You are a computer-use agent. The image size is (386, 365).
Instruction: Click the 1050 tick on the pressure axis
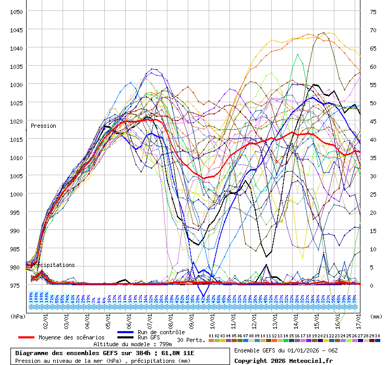(16, 11)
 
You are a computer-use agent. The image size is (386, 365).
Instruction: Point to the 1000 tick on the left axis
(16, 194)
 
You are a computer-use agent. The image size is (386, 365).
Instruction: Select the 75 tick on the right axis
(373, 11)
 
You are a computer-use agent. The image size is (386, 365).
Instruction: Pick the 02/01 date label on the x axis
(46, 318)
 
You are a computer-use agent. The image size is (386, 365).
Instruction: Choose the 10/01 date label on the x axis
(213, 318)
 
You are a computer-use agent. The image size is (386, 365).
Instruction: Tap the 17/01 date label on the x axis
(359, 318)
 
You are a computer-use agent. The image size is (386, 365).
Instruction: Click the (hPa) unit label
(18, 316)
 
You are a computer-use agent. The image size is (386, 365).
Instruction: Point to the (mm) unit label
(377, 316)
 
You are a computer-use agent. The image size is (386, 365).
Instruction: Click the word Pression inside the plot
(43, 126)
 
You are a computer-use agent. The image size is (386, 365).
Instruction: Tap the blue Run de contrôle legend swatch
(126, 332)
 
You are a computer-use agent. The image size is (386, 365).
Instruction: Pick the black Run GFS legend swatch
(126, 338)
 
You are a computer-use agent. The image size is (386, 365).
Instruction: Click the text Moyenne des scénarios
(71, 338)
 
